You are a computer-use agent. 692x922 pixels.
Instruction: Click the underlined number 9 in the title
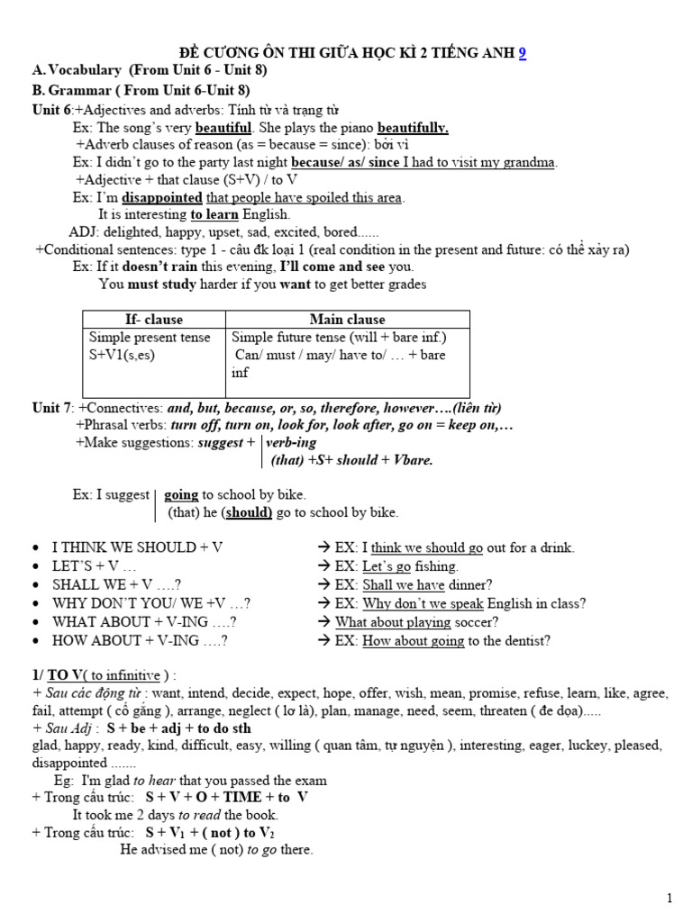click(x=523, y=53)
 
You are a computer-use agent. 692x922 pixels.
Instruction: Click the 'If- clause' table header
click(x=153, y=320)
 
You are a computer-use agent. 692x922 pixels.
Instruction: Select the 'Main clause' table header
click(x=347, y=320)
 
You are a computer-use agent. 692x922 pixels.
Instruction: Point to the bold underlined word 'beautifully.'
click(x=413, y=128)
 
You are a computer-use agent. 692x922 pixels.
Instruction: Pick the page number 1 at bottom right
click(x=669, y=898)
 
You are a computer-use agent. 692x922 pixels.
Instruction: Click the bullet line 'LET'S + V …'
click(x=95, y=566)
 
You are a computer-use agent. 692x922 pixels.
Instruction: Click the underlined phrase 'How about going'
click(x=413, y=641)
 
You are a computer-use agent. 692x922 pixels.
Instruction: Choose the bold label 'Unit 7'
click(x=52, y=408)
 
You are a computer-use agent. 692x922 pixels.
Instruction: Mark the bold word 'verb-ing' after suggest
click(x=292, y=443)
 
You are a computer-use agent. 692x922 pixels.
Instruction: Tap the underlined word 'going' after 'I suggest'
click(x=181, y=494)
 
